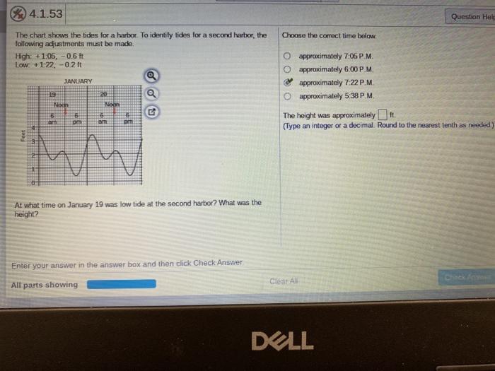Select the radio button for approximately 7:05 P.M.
(x=289, y=56)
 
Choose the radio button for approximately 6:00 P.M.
(x=289, y=69)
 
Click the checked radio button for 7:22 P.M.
(x=289, y=83)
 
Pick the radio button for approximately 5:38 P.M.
(x=289, y=96)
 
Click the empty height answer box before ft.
(x=382, y=115)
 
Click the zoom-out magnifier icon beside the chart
(x=151, y=94)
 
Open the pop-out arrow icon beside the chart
(x=151, y=112)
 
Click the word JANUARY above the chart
(x=78, y=82)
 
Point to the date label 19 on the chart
(x=52, y=94)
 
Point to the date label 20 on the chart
(x=103, y=94)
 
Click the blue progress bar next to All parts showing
(x=122, y=284)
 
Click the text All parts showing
(x=45, y=285)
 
